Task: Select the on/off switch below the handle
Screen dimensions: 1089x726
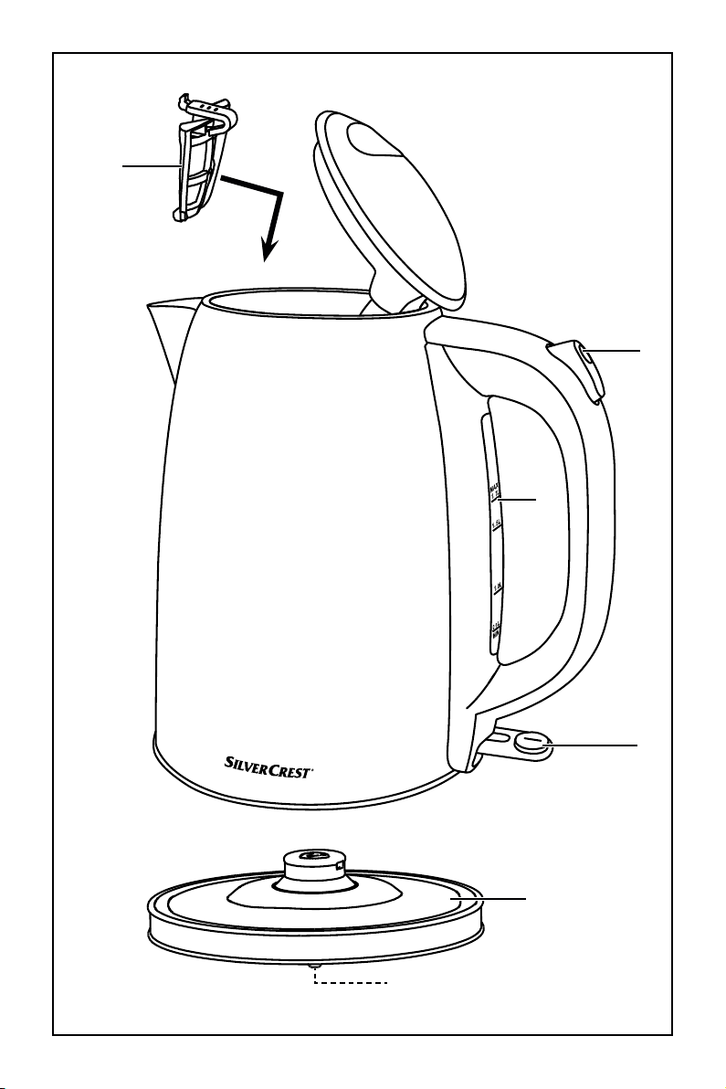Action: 530,743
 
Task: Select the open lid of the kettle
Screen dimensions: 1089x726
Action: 393,201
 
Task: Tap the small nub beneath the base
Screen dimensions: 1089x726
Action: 314,965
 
